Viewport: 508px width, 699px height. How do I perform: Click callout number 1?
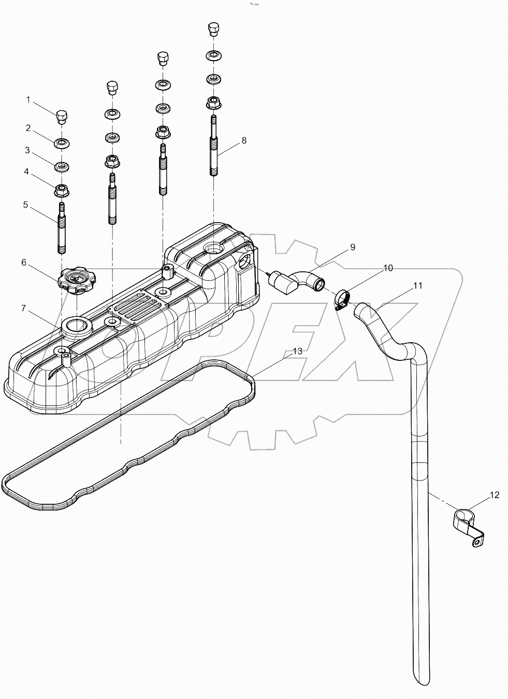pyautogui.click(x=29, y=99)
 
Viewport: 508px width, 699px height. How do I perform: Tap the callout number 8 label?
pyautogui.click(x=244, y=140)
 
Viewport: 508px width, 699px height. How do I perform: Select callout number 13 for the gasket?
pyautogui.click(x=297, y=351)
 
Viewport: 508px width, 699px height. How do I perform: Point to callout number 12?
pyautogui.click(x=494, y=496)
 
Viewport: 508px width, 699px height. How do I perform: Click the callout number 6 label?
pyautogui.click(x=24, y=263)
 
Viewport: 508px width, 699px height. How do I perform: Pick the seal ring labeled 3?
pyautogui.click(x=62, y=167)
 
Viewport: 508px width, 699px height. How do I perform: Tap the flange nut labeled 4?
pyautogui.click(x=62, y=190)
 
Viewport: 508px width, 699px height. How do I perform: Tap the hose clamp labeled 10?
pyautogui.click(x=341, y=301)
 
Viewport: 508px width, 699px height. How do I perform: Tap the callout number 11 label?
pyautogui.click(x=417, y=285)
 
